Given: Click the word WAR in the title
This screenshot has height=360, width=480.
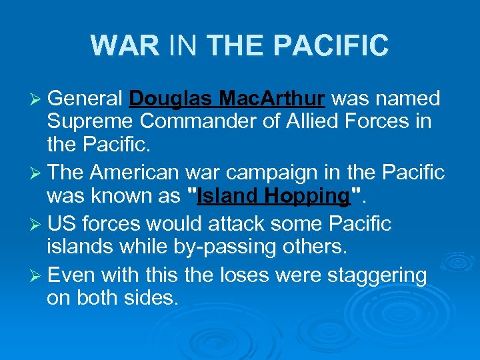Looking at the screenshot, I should tap(125, 45).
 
